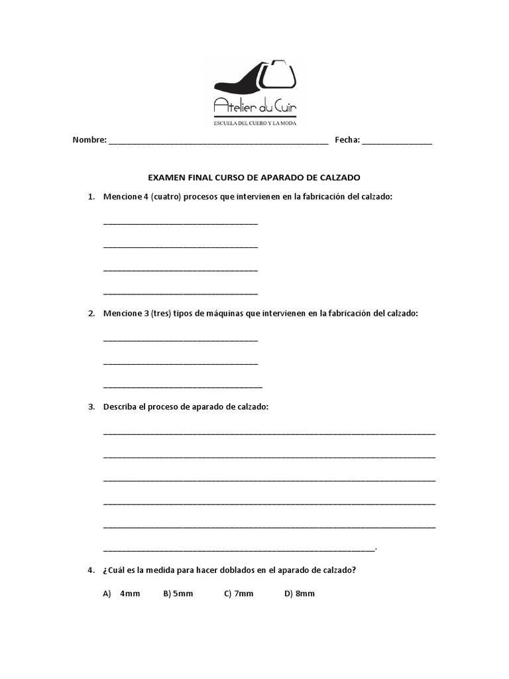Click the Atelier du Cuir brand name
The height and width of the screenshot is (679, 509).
[259, 105]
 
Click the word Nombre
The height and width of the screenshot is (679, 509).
[89, 140]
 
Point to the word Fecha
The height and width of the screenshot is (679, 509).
[347, 140]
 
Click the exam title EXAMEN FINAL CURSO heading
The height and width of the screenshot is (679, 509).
[254, 178]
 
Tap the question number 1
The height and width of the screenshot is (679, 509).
[91, 197]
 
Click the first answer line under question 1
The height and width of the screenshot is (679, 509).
[180, 223]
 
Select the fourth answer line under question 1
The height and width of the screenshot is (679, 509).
[180, 293]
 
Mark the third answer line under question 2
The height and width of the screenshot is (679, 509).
[183, 386]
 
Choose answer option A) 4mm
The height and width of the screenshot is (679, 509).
[122, 593]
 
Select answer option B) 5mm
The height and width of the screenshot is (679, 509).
[178, 593]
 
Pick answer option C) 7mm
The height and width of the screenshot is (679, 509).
[239, 593]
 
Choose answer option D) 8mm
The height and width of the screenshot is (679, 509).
[300, 593]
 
